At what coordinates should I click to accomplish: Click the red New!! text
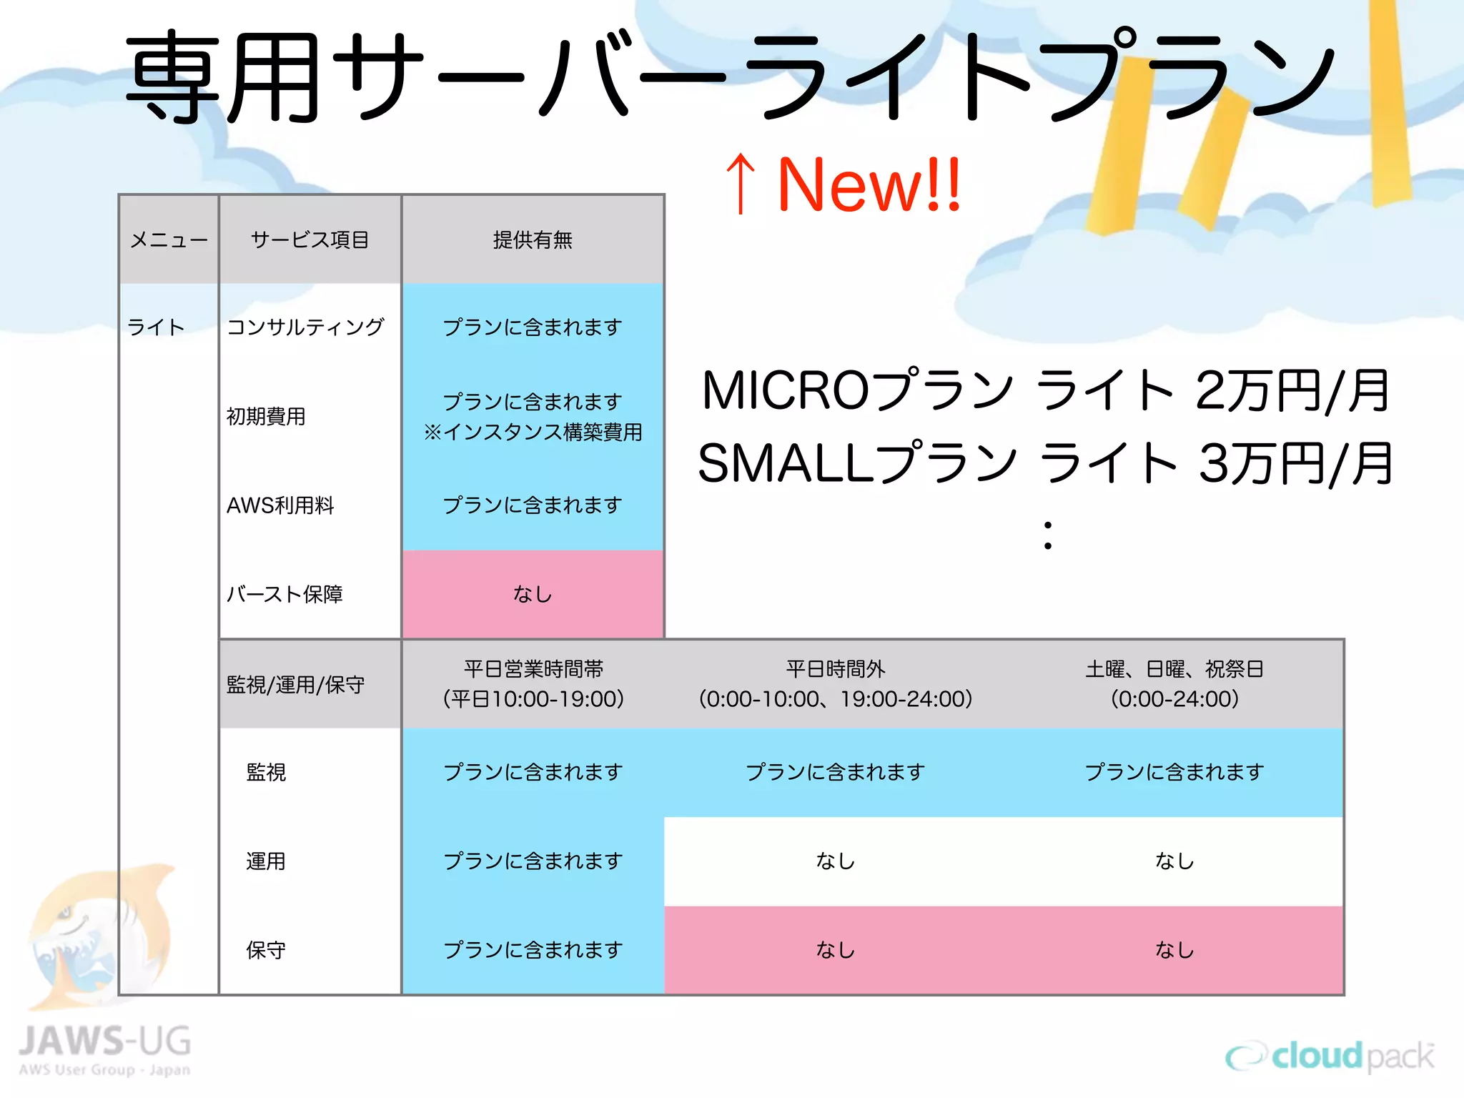tap(869, 185)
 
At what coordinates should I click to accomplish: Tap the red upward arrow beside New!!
tap(741, 184)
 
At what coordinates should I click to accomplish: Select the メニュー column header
tap(169, 240)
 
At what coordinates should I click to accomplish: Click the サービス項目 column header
tap(310, 240)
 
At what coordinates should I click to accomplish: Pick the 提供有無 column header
tap(533, 240)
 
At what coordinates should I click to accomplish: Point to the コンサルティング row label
tap(305, 327)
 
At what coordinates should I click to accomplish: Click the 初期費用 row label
tap(266, 416)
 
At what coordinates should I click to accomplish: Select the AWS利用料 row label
tap(280, 505)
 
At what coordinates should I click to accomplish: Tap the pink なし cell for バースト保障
tap(533, 594)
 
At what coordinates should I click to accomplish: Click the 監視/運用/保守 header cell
tap(295, 685)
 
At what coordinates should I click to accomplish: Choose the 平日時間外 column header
tap(835, 683)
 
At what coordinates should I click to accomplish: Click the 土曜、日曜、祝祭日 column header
tap(1174, 683)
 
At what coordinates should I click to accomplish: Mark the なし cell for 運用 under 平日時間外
tap(835, 861)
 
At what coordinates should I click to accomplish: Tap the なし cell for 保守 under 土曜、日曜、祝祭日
tap(1174, 950)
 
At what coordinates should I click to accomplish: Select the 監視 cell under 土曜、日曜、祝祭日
tap(1174, 772)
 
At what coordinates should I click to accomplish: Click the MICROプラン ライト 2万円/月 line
tap(1045, 391)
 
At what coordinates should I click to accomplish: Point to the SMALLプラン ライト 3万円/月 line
tap(1045, 463)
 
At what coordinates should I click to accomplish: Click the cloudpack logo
tap(1330, 1056)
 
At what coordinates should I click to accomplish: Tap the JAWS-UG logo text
tap(105, 1042)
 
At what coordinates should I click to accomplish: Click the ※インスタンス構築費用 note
tap(533, 432)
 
